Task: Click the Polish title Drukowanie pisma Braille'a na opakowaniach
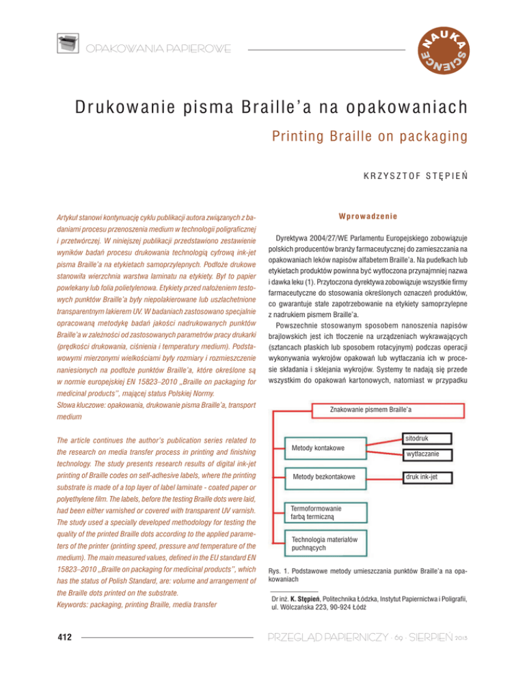pos(262,109)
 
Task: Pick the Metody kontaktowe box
pos(326,448)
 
